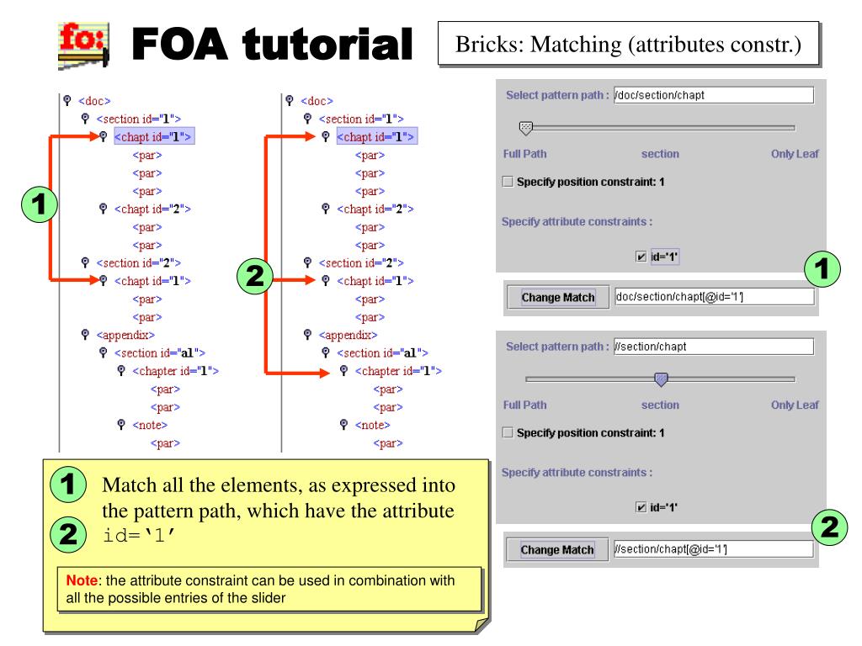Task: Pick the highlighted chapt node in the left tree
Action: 154,136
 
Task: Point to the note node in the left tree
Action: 148,426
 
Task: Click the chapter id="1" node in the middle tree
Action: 399,371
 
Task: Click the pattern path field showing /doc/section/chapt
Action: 715,95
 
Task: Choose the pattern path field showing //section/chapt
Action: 715,346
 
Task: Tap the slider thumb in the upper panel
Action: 526,128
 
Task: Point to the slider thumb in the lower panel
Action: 661,379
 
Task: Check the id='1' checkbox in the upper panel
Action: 642,257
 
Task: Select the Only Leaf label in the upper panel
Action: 795,154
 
